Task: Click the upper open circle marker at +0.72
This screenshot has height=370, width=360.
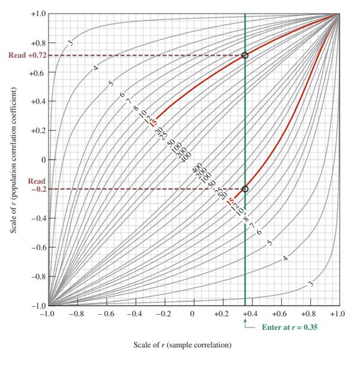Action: click(x=245, y=55)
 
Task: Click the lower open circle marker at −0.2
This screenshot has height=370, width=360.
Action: click(x=245, y=189)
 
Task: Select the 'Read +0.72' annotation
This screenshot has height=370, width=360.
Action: click(x=26, y=55)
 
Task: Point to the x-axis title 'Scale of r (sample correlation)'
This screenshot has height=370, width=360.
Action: click(x=182, y=345)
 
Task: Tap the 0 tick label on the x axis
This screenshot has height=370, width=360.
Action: click(x=192, y=314)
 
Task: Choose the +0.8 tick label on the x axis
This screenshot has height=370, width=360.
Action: click(x=308, y=314)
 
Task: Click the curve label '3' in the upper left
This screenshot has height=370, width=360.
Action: click(x=71, y=43)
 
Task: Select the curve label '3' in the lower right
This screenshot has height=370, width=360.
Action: click(x=311, y=284)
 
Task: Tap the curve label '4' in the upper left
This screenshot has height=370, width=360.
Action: click(x=96, y=68)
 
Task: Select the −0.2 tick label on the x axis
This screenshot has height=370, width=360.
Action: click(x=162, y=314)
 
